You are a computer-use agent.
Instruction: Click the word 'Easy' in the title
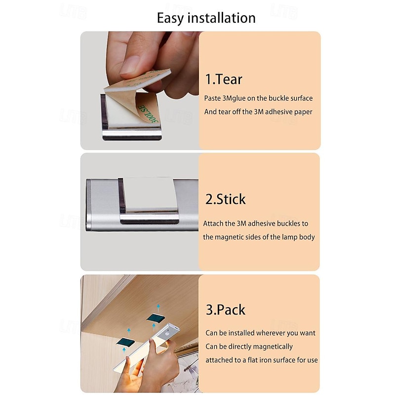point(171,18)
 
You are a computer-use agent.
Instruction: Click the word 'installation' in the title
point(222,18)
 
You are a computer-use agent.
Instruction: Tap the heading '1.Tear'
point(224,79)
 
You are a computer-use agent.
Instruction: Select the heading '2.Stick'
point(226,199)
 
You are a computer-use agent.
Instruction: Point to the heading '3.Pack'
point(226,310)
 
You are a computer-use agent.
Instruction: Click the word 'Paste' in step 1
point(212,98)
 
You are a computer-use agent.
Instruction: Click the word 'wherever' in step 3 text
point(270,333)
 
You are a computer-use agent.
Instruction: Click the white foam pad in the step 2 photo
point(150,194)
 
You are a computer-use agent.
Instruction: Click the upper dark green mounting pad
point(156,317)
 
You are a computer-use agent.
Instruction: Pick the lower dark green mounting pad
point(125,342)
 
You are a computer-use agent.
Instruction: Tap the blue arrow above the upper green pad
point(158,308)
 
